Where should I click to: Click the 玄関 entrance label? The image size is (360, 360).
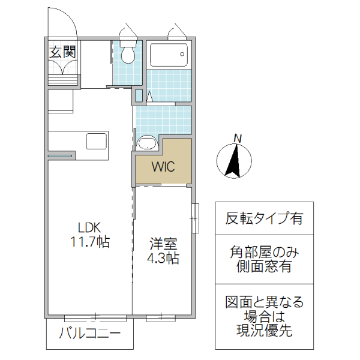coord(62,52)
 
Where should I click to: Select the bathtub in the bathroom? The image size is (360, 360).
coord(168,56)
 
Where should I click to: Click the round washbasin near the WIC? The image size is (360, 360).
coord(146,143)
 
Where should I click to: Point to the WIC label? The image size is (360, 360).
coord(163,166)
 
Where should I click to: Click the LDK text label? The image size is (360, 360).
coord(90,227)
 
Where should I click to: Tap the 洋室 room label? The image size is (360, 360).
coord(164,244)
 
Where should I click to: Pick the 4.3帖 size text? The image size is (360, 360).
coord(164,259)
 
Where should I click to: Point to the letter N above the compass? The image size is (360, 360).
coord(238,139)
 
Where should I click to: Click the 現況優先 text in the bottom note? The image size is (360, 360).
coord(265,330)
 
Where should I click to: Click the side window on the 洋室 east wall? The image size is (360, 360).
coord(194,218)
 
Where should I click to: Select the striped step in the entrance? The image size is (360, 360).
coord(63,75)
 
